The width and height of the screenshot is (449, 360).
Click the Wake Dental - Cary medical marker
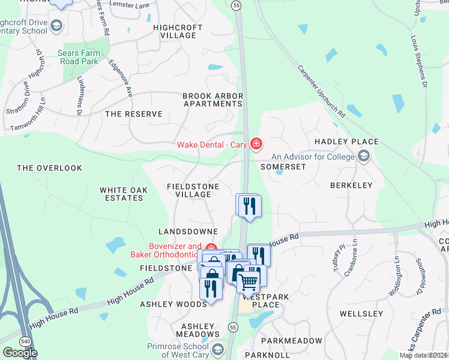pyautogui.click(x=256, y=144)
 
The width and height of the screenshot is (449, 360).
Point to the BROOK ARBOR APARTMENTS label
pyautogui.click(x=212, y=100)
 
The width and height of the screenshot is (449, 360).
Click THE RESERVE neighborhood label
pyautogui.click(x=133, y=113)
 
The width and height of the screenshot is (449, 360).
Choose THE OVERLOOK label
pyautogui.click(x=49, y=168)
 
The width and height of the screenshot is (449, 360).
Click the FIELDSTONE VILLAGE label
pyautogui.click(x=193, y=190)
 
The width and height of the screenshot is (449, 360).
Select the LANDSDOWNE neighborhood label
pyautogui.click(x=186, y=231)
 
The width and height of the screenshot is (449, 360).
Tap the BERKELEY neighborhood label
pyautogui.click(x=351, y=185)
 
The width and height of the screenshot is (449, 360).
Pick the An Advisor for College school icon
pyautogui.click(x=363, y=157)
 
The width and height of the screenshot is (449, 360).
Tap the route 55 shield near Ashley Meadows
pyautogui.click(x=233, y=327)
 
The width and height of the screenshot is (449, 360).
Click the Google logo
pyautogui.click(x=20, y=353)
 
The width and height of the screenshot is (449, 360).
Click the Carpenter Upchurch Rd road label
pyautogui.click(x=322, y=90)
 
